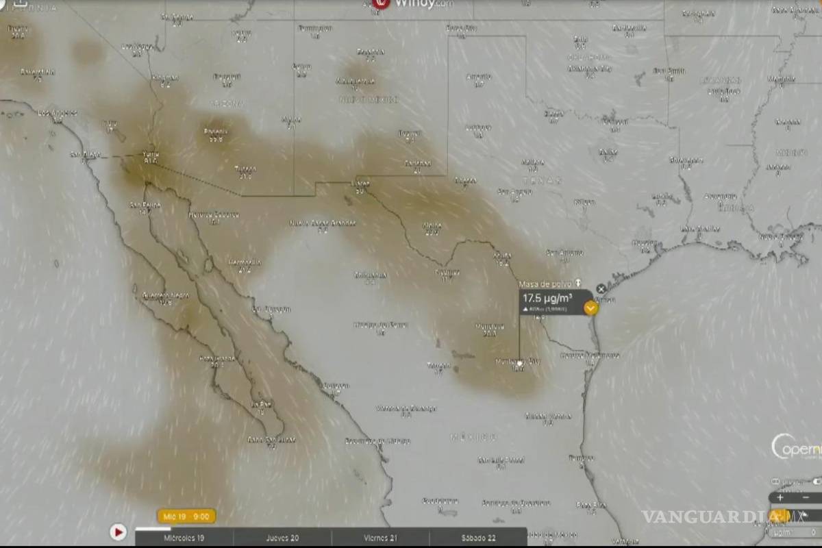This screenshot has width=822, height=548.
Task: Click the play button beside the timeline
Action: pyautogui.click(x=118, y=532)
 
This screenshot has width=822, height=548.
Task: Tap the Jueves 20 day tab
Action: pyautogui.click(x=282, y=538)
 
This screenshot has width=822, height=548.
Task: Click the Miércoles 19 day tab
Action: pyautogui.click(x=184, y=538)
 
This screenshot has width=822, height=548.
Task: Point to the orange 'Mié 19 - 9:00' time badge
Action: pyautogui.click(x=186, y=516)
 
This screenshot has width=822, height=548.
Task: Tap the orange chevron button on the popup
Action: pyautogui.click(x=590, y=308)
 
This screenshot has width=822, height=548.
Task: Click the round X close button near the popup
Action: pyautogui.click(x=601, y=289)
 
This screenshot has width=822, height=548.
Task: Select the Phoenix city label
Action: pyautogui.click(x=215, y=131)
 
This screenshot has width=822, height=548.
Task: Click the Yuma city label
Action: pyautogui.click(x=150, y=154)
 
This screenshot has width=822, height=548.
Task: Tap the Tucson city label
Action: pyautogui.click(x=245, y=169)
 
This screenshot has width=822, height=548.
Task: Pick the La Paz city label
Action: pyautogui.click(x=261, y=404)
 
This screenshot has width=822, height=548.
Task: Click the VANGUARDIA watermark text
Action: pyautogui.click(x=706, y=516)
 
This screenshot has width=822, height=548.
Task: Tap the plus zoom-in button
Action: pyautogui.click(x=780, y=498)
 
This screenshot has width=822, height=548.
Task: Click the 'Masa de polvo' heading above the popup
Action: pyautogui.click(x=545, y=284)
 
